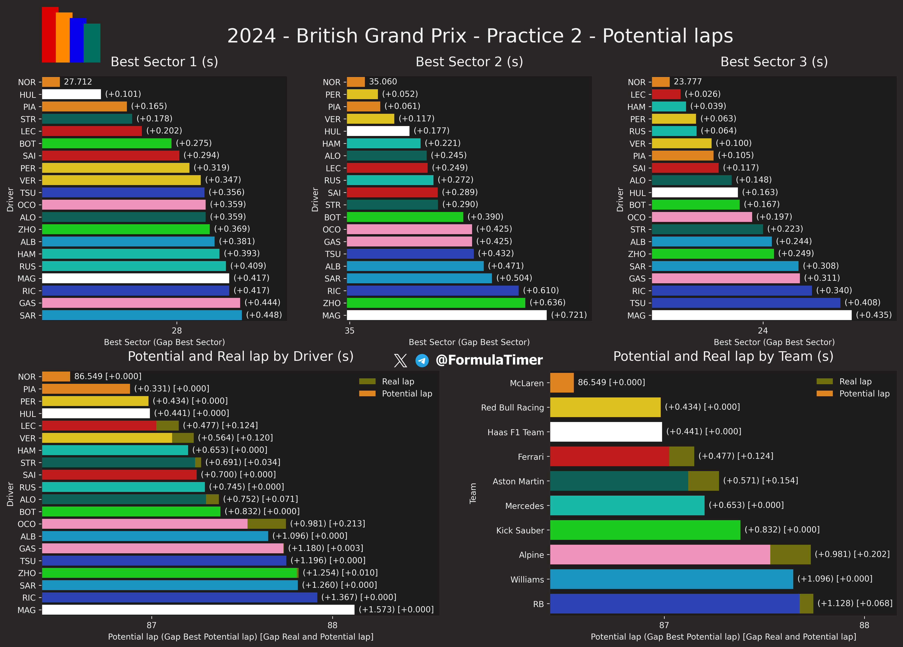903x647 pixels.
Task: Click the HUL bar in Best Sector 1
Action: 71,94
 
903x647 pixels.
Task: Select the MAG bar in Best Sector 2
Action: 446,315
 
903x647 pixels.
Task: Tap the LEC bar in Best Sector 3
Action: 666,94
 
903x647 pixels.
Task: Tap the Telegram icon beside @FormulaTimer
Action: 422,361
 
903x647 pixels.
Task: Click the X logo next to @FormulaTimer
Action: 400,361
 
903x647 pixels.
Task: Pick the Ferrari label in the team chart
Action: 530,457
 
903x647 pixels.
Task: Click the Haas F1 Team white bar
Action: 606,432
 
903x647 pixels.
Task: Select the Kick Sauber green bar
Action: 645,530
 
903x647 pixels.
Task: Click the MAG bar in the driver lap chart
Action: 198,610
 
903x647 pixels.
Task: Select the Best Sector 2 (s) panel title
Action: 469,62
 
